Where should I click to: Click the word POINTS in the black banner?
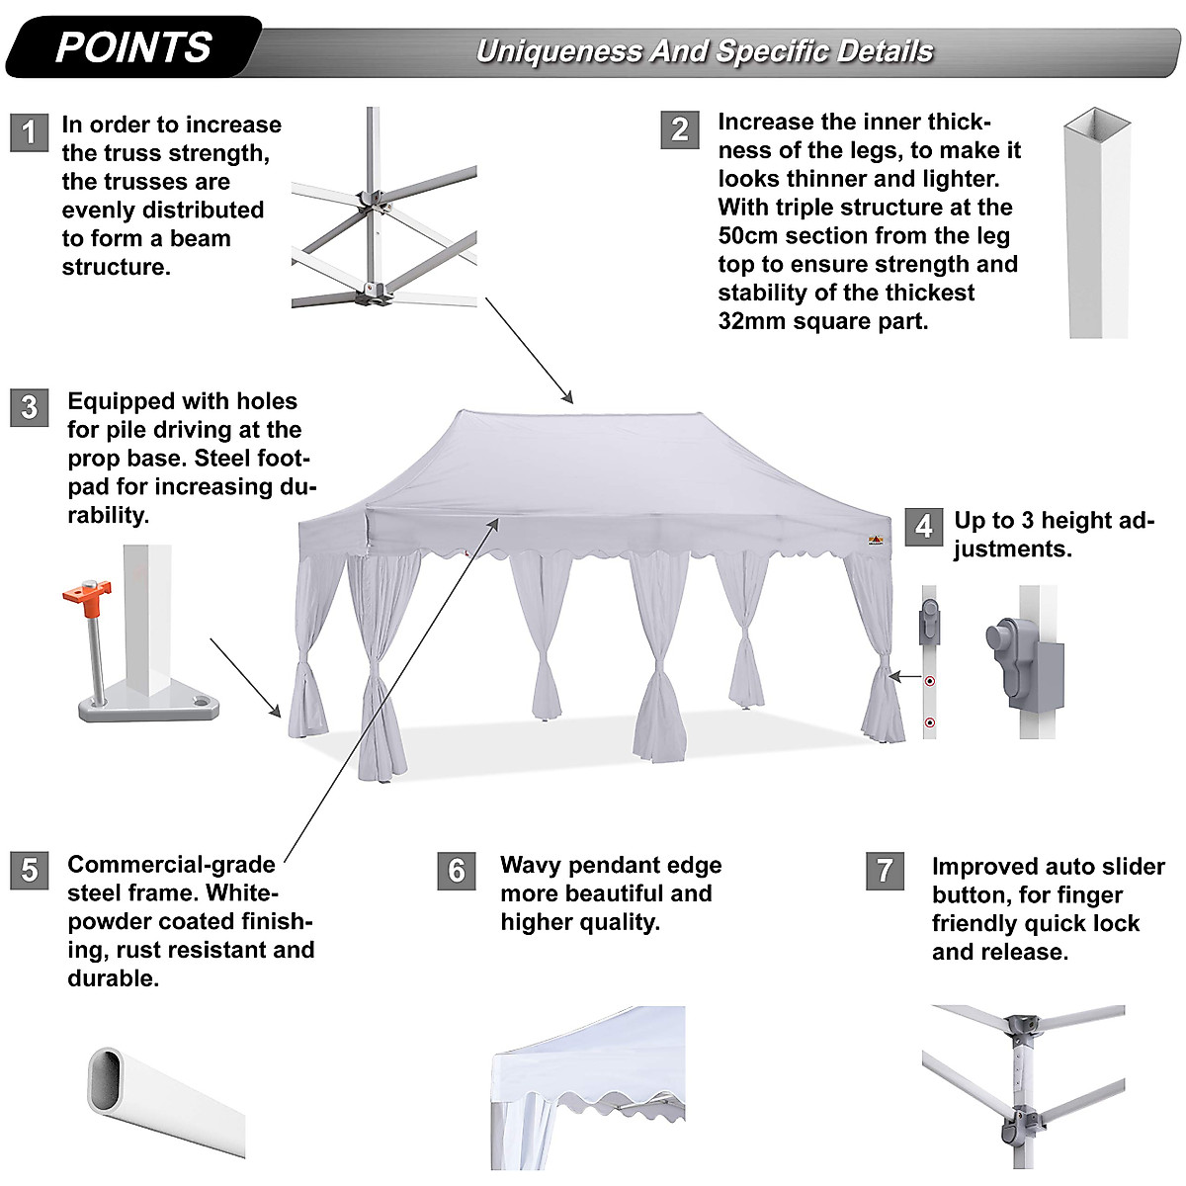pos(133,47)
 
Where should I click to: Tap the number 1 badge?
pos(29,131)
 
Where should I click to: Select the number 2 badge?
pos(679,129)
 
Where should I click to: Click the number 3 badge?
pos(29,407)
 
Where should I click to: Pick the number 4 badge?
pos(923,526)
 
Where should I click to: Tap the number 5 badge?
pos(29,870)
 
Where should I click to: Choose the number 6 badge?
pos(456,870)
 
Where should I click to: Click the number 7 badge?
pos(884,870)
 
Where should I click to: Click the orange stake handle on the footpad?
pos(86,597)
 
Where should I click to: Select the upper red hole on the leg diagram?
pos(929,681)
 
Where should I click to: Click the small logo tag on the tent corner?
pos(876,540)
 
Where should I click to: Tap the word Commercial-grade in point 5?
pos(171,865)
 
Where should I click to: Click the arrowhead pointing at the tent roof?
pos(567,397)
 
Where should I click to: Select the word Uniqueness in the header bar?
pos(558,51)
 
